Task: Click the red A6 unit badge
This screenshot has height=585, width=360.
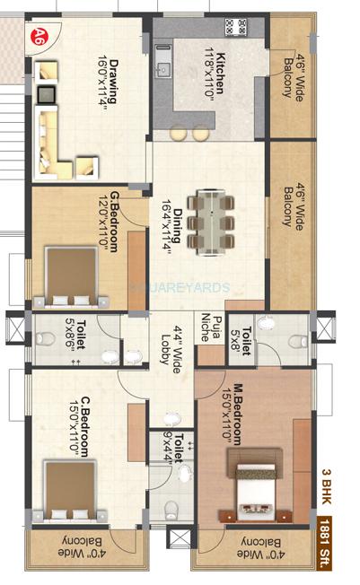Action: (39, 37)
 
